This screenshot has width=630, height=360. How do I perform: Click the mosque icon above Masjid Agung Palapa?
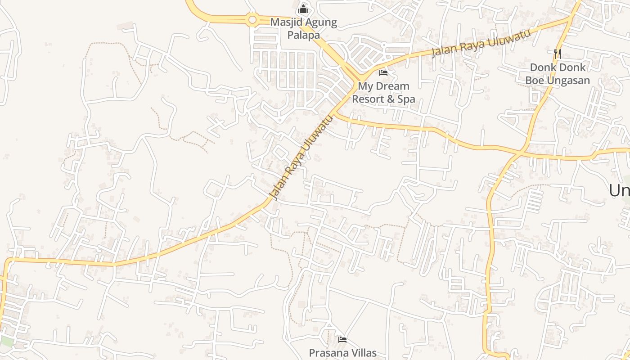[303, 9]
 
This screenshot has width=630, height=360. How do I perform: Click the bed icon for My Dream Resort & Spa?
[383, 72]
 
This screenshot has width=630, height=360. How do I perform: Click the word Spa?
[406, 99]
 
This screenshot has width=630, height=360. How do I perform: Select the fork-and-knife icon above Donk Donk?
[558, 54]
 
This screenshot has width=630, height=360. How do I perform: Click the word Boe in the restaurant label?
[535, 81]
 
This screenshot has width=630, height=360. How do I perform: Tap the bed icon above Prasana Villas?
[342, 339]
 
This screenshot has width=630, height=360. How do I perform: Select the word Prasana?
[326, 353]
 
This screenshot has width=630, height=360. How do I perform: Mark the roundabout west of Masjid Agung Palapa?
[252, 20]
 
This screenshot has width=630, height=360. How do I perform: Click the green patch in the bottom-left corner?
[6, 341]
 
